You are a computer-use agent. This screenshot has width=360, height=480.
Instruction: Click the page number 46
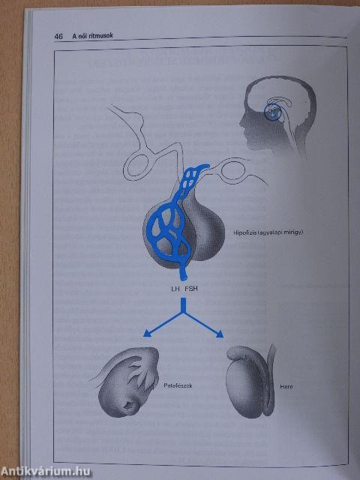pyautogui.click(x=58, y=37)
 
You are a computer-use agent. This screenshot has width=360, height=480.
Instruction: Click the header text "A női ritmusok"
pyautogui.click(x=93, y=36)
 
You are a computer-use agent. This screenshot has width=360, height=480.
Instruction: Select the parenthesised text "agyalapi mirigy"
pyautogui.click(x=280, y=232)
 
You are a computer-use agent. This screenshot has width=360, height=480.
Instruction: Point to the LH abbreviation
pyautogui.click(x=175, y=289)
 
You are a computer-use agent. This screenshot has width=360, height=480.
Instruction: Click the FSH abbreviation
pyautogui.click(x=191, y=289)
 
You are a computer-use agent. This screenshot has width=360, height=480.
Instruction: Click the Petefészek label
pyautogui.click(x=178, y=385)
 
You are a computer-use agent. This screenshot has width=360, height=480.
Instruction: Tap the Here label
pyautogui.click(x=286, y=387)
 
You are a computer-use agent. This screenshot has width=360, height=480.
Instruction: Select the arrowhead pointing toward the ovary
pyautogui.click(x=147, y=333)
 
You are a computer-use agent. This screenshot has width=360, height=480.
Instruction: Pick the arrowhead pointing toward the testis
pyautogui.click(x=220, y=334)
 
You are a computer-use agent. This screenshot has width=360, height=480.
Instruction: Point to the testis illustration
pyautogui.click(x=251, y=381)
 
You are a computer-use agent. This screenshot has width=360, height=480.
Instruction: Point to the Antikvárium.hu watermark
pyautogui.click(x=46, y=472)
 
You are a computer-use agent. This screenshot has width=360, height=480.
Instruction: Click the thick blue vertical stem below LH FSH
pyautogui.click(x=183, y=305)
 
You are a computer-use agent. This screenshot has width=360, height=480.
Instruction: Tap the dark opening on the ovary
pyautogui.click(x=128, y=406)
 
